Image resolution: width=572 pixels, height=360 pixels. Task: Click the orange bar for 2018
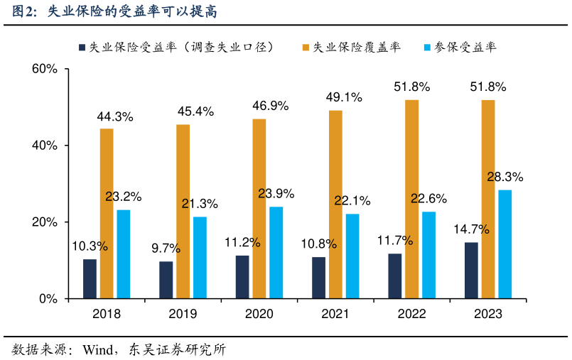click(x=107, y=213)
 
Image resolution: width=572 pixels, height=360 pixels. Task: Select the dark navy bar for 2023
click(x=471, y=271)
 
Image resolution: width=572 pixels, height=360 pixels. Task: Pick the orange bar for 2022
click(x=412, y=199)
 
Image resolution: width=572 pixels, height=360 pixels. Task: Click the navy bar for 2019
click(x=166, y=280)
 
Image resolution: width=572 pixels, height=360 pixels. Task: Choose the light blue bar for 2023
click(x=504, y=244)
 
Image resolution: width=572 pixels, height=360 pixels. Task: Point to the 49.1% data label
click(x=344, y=97)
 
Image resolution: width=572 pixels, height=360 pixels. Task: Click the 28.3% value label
click(x=504, y=177)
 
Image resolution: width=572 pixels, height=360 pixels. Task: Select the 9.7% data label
click(x=166, y=249)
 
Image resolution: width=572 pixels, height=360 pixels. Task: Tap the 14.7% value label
click(x=471, y=229)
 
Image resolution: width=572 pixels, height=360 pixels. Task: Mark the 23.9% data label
click(x=276, y=193)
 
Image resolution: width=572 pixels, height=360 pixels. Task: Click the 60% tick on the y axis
click(x=45, y=69)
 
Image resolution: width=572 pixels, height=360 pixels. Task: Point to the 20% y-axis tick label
click(x=45, y=222)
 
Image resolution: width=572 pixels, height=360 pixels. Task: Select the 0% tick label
click(x=48, y=299)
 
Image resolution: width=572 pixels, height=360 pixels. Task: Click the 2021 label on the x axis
click(x=335, y=314)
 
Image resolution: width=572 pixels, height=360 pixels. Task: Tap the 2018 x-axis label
click(x=107, y=314)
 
